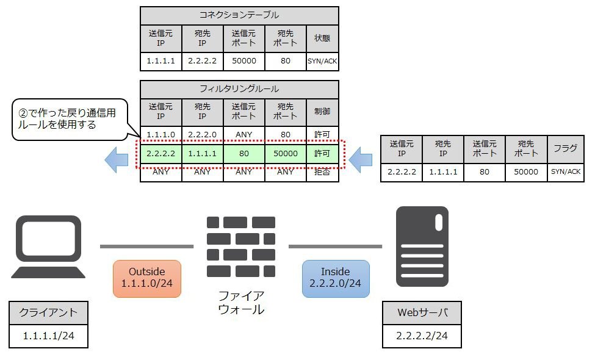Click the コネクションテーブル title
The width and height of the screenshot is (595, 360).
coord(239,15)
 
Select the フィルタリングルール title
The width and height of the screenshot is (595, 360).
coord(239,89)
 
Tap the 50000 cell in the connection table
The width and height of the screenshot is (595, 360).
coord(244,61)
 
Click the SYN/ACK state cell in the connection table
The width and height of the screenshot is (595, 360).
coord(322,61)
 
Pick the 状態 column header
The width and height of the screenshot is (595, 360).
coord(322,38)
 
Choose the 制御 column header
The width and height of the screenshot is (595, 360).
coord(322,112)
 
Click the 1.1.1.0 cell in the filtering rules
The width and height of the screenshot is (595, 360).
coord(161,135)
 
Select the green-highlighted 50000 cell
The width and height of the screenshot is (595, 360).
coord(286,154)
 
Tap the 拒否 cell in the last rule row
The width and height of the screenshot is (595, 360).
coord(322,172)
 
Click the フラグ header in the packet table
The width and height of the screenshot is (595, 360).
coord(565,149)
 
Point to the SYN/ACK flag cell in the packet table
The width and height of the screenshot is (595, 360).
coord(565,172)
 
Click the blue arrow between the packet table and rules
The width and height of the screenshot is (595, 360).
coord(361,160)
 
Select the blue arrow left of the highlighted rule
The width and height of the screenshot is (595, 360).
coord(117,160)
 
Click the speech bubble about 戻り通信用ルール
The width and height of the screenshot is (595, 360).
coord(70,120)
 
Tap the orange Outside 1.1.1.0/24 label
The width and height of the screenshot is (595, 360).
coord(147,278)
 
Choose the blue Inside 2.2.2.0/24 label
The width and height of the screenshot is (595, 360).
coord(336,278)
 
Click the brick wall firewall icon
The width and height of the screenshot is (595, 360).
coord(241,247)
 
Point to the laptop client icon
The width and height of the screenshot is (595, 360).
coord(48,247)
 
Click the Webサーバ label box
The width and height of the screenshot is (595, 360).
coord(422,313)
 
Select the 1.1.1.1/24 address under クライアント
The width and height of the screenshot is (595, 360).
coord(49,336)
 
